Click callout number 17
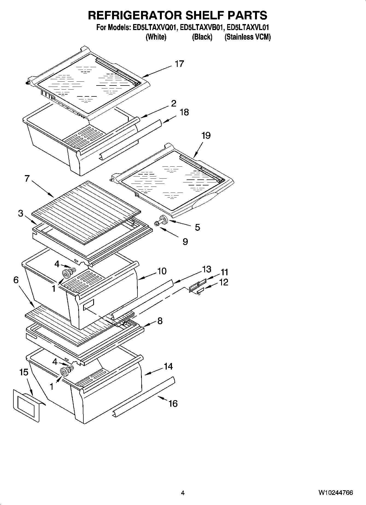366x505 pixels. click(x=179, y=64)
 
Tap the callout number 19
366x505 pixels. click(x=206, y=135)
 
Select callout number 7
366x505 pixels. click(x=27, y=179)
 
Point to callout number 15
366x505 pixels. click(x=24, y=372)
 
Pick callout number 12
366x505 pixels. click(x=224, y=282)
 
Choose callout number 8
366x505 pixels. click(x=160, y=321)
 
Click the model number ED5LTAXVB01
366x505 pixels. click(x=202, y=28)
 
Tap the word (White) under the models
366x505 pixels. click(x=156, y=37)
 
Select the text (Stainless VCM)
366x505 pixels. click(x=247, y=37)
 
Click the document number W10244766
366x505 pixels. click(x=335, y=493)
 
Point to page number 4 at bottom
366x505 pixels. click(x=183, y=493)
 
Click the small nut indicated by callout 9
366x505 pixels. click(x=157, y=224)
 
